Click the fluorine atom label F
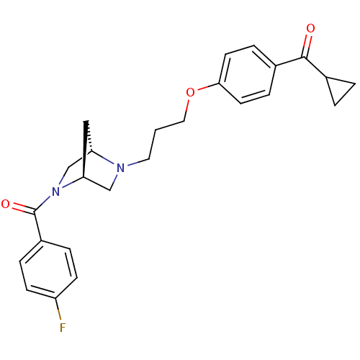pos(63,328)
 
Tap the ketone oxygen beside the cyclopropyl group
pos(310,28)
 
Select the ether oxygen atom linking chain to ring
pos(190,92)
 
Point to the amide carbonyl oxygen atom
pos(5,204)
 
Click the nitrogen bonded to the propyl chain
pos(121,168)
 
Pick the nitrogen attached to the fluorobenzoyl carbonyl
pos(55,192)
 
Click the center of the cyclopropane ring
pos(339,89)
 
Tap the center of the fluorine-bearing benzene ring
pos(48,269)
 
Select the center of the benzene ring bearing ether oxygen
pos(248,74)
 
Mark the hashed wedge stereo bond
pos(89,136)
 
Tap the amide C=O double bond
pos(23,208)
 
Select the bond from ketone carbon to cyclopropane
pos(315,67)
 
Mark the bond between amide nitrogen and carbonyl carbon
pos(42,204)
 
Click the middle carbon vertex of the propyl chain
pos(156,130)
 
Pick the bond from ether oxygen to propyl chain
pos(186,109)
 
